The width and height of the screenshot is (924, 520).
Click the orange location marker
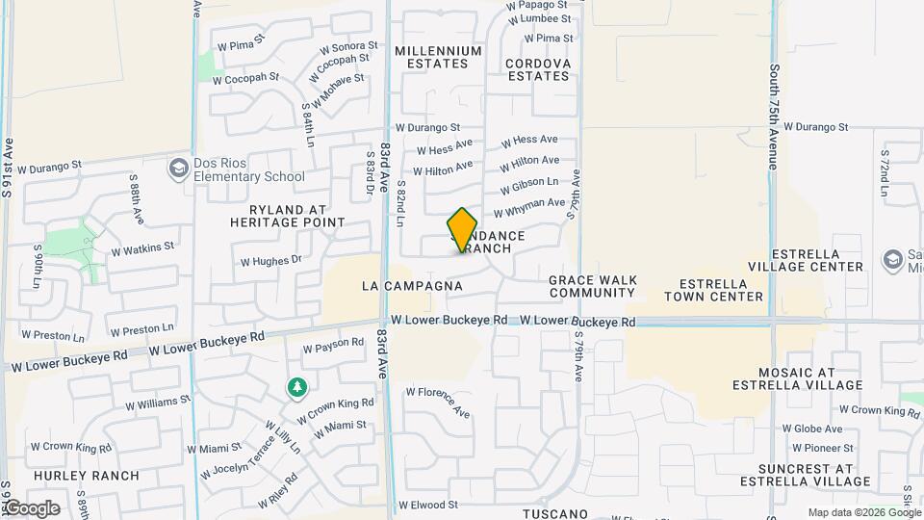click(462, 231)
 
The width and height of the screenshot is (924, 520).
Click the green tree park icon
click(297, 387)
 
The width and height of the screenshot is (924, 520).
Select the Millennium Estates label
click(438, 57)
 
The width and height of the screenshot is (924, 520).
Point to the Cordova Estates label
click(538, 69)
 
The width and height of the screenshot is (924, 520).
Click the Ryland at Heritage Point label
click(287, 216)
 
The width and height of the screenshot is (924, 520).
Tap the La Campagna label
click(412, 286)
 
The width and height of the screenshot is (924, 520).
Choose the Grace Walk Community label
click(592, 286)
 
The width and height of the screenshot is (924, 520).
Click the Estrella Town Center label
click(722, 290)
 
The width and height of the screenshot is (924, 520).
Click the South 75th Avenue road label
click(774, 117)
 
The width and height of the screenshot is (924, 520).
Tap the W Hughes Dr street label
click(270, 260)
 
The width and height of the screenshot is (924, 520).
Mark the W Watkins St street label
click(142, 247)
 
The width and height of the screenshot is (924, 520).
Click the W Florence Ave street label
click(438, 403)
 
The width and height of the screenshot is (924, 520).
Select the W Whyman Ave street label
click(529, 207)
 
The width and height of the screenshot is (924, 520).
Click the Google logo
click(31, 508)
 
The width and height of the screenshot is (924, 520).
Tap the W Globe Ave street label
click(812, 429)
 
